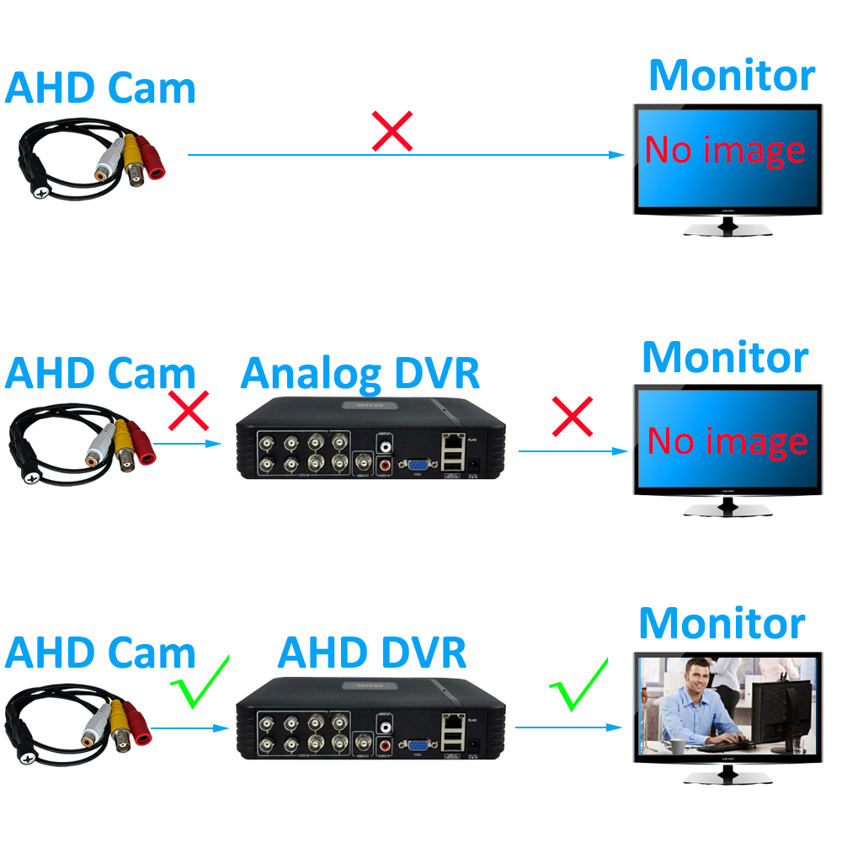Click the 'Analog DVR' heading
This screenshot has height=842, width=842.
pos(360,373)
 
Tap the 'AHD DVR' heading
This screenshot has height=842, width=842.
pos(371,653)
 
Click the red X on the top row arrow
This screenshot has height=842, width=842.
pos(392,132)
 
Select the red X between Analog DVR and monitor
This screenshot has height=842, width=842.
pos(573,416)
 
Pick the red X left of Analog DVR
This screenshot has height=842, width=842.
pos(189,410)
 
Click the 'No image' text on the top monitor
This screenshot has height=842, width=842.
pos(725,151)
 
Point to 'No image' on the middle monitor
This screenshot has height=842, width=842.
pos(727,440)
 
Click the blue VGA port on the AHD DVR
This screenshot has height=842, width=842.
pos(415,745)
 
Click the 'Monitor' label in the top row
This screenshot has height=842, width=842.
pos(731,75)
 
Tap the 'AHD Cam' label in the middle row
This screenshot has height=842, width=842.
pos(99,373)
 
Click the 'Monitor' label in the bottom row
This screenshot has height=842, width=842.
pos(722,623)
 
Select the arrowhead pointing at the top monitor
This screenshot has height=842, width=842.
pos(619,155)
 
